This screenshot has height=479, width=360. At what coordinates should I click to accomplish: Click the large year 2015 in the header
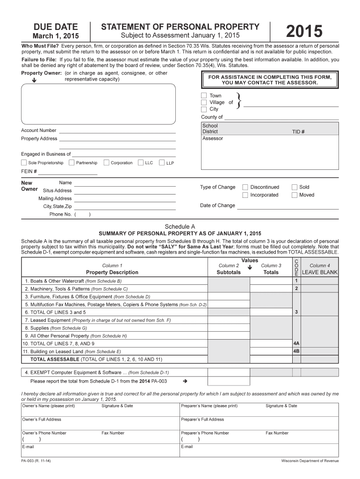click(304, 32)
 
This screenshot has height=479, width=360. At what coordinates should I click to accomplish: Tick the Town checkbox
click(204, 95)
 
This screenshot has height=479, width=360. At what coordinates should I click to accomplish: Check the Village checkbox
click(204, 102)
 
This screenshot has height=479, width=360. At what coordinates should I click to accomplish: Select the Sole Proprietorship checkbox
click(24, 163)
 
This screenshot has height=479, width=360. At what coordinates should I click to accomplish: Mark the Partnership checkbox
click(72, 163)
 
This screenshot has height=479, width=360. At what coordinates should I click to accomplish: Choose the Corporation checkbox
click(107, 163)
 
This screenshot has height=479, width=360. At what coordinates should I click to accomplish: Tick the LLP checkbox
click(162, 163)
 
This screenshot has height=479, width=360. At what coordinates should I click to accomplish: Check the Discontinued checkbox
click(245, 187)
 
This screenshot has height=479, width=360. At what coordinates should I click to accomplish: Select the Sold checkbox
click(295, 187)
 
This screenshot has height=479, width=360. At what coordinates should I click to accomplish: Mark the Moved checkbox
click(295, 195)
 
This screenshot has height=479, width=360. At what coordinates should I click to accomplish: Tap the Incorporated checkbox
click(245, 195)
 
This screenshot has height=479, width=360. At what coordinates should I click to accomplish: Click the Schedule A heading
click(180, 226)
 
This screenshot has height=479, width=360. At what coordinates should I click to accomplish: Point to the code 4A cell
click(296, 343)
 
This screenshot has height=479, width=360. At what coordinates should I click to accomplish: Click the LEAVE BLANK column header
click(320, 272)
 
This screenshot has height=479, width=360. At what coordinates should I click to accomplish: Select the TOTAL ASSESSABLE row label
click(55, 359)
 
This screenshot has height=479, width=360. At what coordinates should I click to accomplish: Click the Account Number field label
click(39, 131)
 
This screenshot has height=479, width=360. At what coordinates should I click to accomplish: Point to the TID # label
click(299, 132)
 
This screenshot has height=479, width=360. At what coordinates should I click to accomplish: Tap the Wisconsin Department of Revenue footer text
click(310, 461)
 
